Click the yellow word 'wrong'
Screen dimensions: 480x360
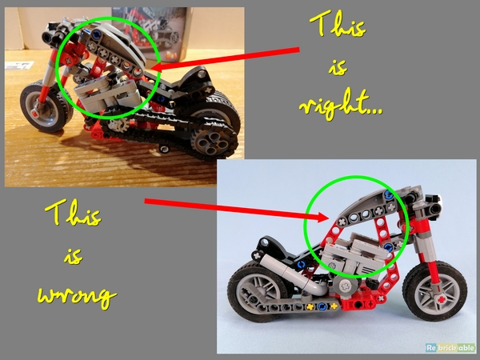(77, 297)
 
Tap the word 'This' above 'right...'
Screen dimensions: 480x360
(338, 24)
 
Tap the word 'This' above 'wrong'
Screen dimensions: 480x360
(73, 212)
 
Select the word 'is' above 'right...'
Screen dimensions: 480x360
(338, 67)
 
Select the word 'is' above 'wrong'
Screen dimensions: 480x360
(74, 256)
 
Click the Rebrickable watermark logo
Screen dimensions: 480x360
(450, 347)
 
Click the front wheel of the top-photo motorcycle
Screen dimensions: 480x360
(46, 106)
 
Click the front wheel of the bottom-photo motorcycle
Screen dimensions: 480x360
(434, 290)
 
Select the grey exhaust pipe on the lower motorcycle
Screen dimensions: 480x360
(294, 274)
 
